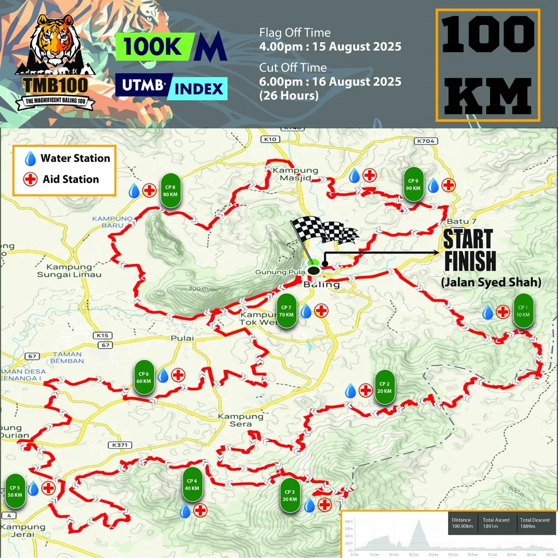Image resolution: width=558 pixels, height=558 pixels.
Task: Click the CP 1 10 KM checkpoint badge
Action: tap(523, 311)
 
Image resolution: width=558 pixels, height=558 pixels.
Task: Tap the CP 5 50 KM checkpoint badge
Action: tap(15, 492)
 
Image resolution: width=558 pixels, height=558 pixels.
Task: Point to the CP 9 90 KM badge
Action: tap(413, 184)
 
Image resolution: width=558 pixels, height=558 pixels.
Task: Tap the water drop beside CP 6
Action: tap(163, 376)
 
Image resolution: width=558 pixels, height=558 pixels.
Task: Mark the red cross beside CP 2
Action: tap(365, 391)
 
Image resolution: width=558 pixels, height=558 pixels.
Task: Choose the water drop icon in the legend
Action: tap(31, 158)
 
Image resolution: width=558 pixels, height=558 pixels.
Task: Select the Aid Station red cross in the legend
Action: tap(31, 180)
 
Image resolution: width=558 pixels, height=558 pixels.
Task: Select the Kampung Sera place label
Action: tap(240, 420)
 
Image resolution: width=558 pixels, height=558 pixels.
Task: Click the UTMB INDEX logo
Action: tap(171, 88)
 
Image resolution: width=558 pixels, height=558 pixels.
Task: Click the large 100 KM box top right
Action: tap(487, 65)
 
